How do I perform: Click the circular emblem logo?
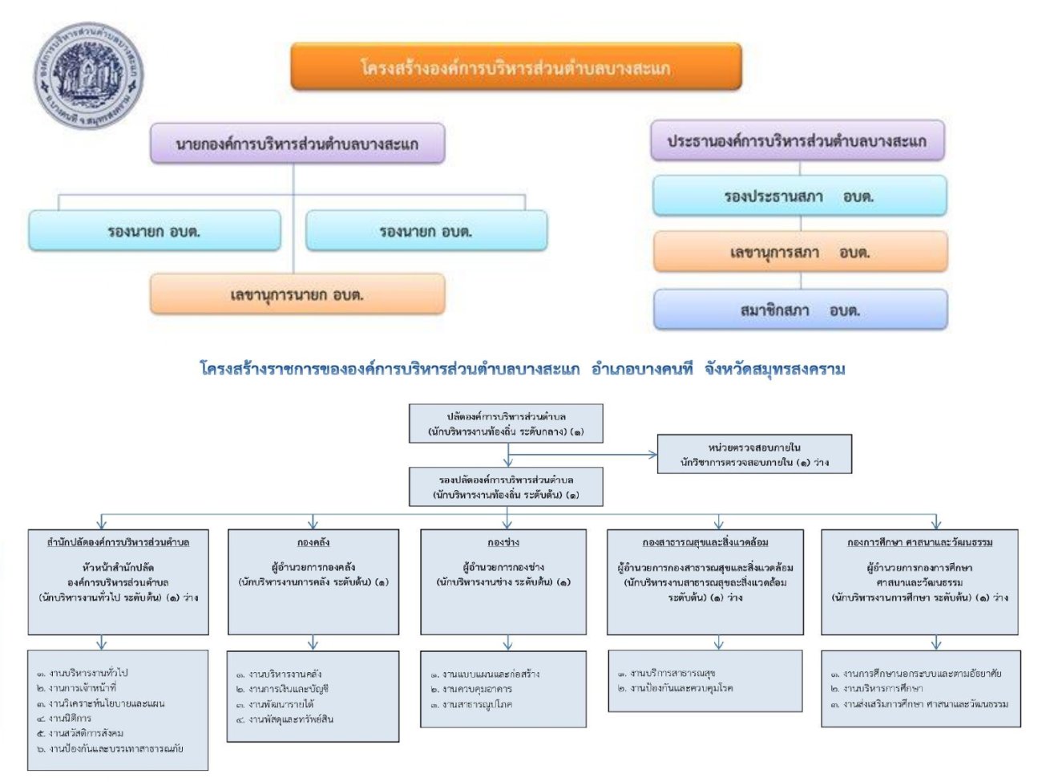pos(87,77)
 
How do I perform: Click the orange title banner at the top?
pos(515,67)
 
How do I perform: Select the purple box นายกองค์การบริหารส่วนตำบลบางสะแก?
pos(297,144)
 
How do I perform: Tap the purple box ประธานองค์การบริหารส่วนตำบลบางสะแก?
pos(797,141)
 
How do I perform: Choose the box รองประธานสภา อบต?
pos(799,197)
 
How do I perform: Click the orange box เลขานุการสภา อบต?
pos(800,253)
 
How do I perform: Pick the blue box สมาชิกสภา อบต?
pos(800,310)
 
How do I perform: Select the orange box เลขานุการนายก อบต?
pos(297,295)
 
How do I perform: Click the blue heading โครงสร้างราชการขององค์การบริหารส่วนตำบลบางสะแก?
pos(522,370)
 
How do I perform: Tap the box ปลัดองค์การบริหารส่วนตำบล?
pos(506,424)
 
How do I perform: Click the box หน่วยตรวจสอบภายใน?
pos(754,455)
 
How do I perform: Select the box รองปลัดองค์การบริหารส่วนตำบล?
pos(506,487)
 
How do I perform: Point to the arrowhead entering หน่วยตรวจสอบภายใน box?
pos(653,455)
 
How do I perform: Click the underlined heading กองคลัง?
pos(313,542)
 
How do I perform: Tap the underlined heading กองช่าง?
pos(503,542)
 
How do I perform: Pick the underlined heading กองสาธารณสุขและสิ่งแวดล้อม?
pos(705,542)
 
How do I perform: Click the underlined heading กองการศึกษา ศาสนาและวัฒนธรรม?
pos(919,542)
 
